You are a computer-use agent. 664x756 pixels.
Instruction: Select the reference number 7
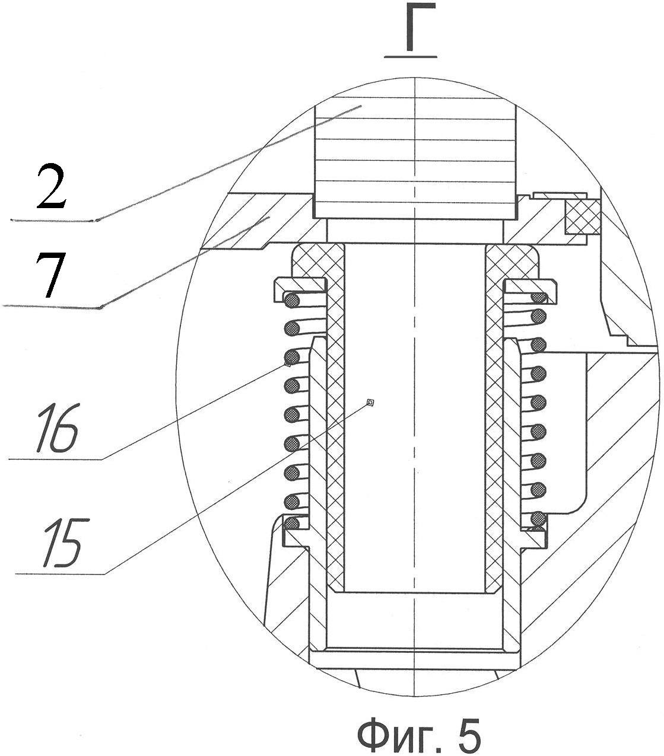(50, 275)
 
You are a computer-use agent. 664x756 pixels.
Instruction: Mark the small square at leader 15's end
(370, 402)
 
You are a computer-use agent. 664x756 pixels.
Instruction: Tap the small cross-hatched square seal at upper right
(582, 217)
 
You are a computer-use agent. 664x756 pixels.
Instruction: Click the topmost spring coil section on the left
(292, 301)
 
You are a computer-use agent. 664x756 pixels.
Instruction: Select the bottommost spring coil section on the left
(292, 523)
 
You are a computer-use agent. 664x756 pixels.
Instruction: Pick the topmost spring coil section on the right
(539, 298)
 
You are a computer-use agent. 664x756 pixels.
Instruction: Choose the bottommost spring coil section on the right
(539, 518)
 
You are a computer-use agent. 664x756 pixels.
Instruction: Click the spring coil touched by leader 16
(292, 358)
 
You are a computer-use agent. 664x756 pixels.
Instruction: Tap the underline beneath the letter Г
(411, 57)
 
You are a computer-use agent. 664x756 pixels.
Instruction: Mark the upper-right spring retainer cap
(530, 286)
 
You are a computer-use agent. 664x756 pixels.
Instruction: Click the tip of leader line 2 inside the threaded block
(361, 106)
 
